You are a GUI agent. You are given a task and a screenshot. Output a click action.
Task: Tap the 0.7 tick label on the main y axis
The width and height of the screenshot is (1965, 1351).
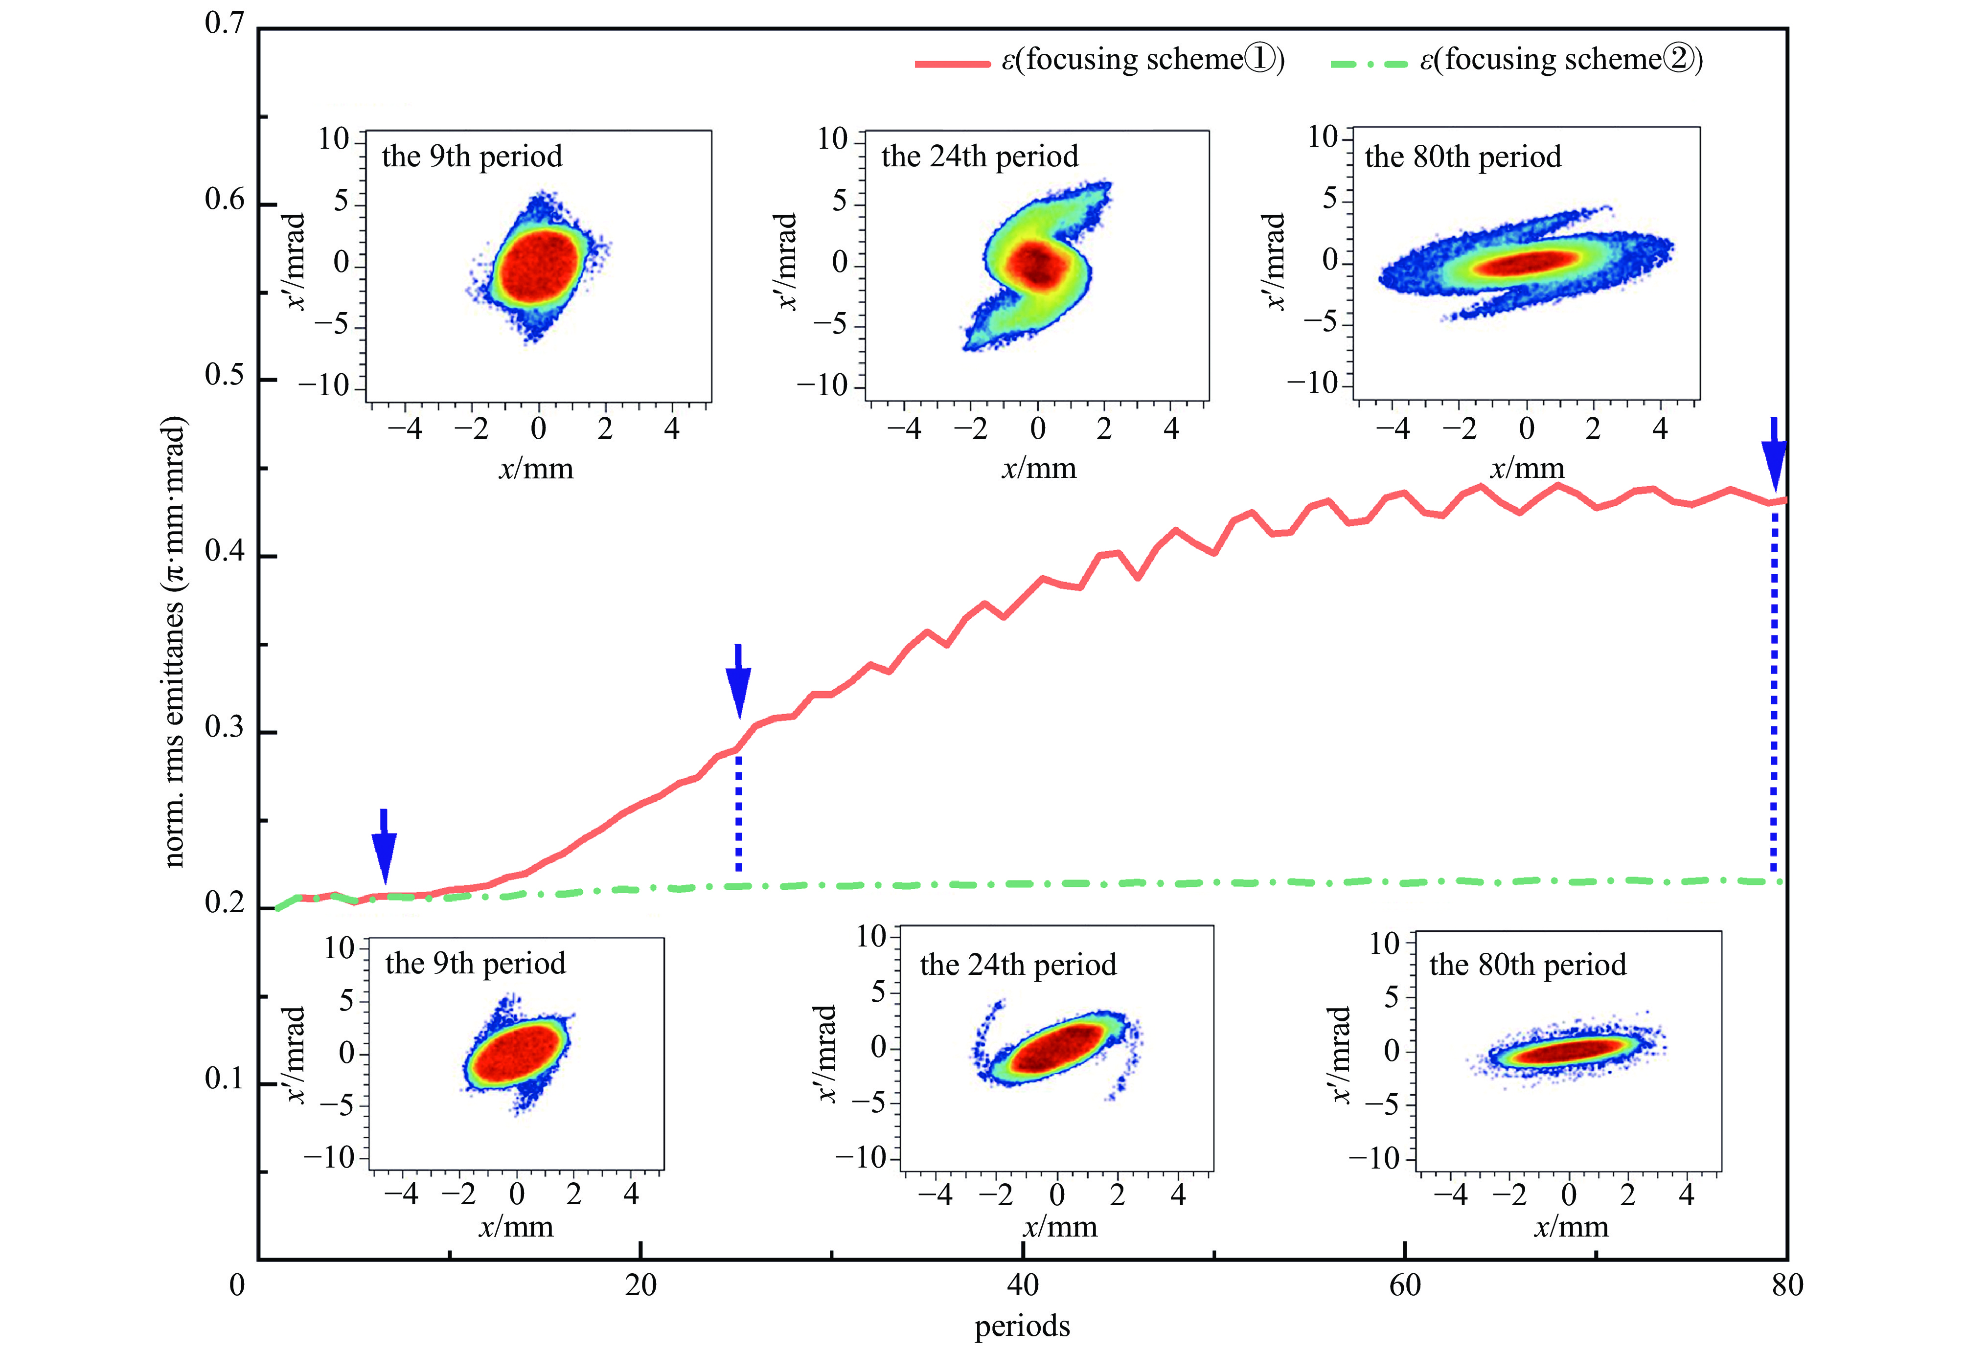pos(225,23)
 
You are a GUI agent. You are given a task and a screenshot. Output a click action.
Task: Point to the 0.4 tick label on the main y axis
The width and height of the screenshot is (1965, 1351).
pos(225,552)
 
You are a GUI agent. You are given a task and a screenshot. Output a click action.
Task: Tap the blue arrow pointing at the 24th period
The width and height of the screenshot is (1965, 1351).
pos(738,681)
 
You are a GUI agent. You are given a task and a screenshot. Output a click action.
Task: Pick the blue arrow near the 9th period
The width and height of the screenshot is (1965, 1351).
pos(385,847)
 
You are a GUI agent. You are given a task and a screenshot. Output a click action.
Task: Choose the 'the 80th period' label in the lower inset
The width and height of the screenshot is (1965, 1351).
pos(1527,965)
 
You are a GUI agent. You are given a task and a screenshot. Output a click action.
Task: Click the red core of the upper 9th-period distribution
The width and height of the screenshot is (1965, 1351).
pos(538,265)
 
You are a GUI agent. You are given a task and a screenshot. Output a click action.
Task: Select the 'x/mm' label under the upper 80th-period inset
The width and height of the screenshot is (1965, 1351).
pos(1527,468)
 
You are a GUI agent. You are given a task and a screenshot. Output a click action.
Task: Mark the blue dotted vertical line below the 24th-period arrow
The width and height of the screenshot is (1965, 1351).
pos(738,812)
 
